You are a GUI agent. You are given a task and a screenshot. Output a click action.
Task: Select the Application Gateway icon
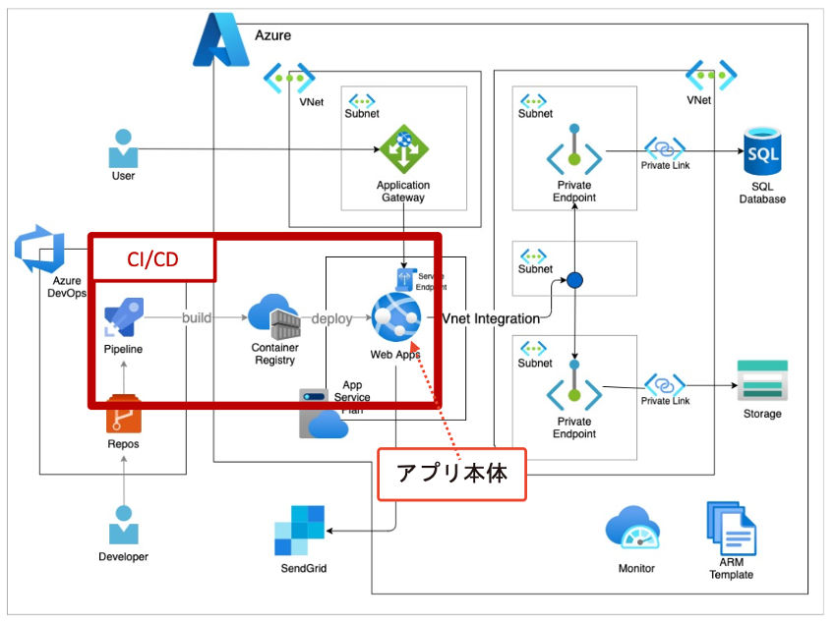click(404, 149)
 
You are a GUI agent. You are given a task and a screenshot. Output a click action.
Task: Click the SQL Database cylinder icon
click(762, 151)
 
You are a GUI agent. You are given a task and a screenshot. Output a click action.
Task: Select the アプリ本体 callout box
click(451, 474)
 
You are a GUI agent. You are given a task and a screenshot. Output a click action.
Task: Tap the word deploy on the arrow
click(331, 318)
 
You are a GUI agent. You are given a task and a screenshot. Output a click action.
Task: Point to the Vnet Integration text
click(490, 318)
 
